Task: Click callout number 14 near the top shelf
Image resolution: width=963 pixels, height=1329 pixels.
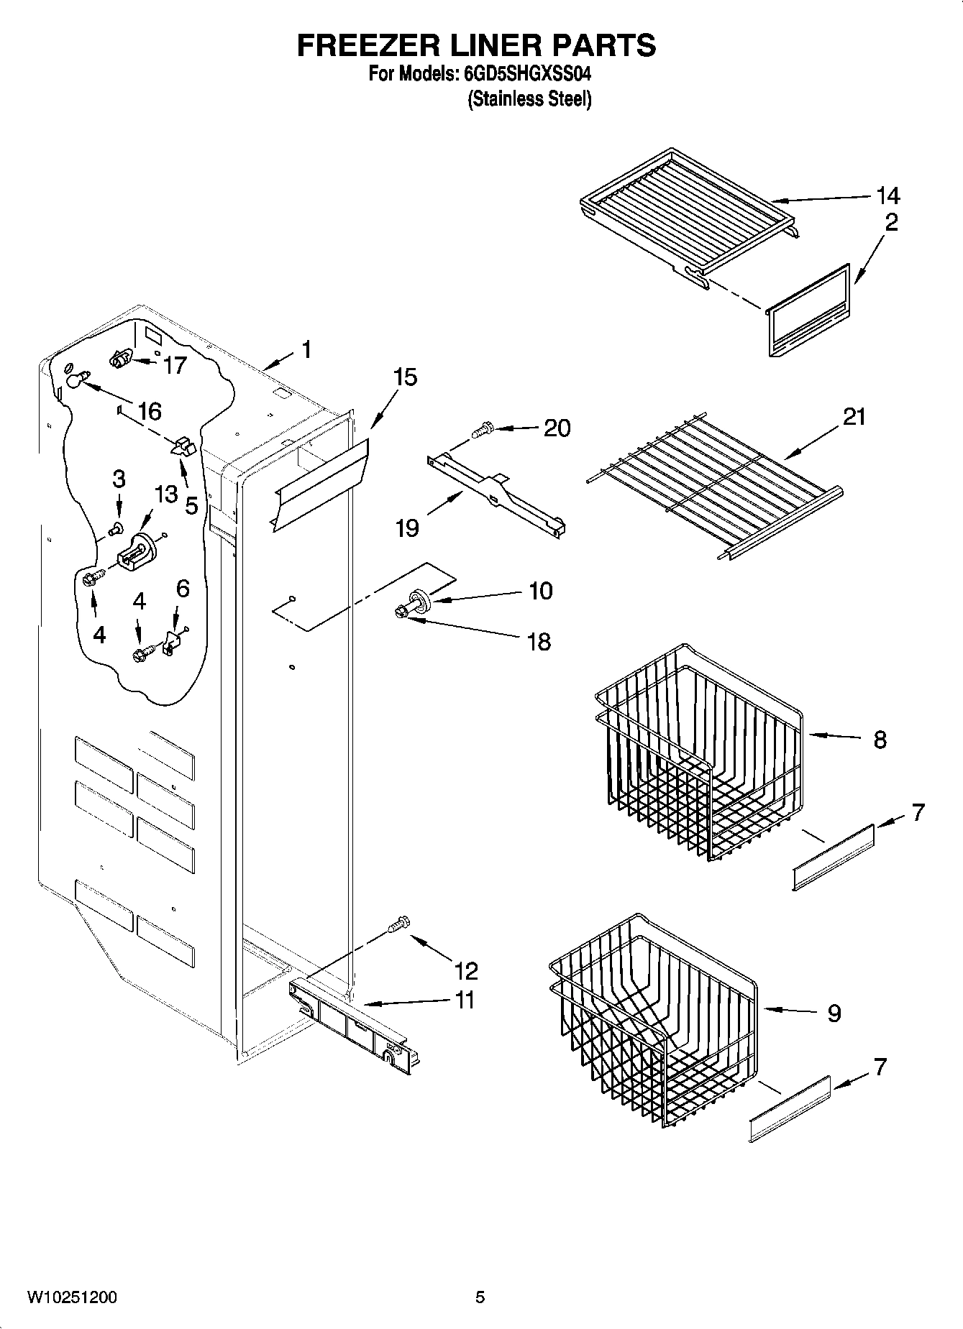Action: pos(887,196)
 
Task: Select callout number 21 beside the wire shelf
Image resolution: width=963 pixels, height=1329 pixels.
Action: pos(854,417)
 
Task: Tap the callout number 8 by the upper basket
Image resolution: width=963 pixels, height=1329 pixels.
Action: pos(880,740)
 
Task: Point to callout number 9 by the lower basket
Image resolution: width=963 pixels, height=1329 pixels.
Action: pos(834,1013)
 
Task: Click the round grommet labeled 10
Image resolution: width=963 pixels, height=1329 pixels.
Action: pos(419,599)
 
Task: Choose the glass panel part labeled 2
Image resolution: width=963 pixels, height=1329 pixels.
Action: pos(809,311)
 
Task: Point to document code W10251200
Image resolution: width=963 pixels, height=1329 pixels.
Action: pos(72,1297)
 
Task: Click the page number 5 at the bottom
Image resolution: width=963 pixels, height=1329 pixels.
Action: pos(480,1297)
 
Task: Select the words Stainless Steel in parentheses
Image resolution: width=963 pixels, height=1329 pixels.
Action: pos(529,99)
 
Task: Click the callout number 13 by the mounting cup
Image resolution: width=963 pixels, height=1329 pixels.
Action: pos(165,494)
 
